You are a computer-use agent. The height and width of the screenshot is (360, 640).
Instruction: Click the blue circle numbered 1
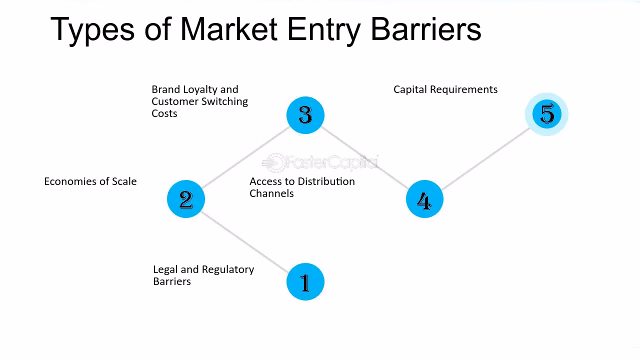(x=305, y=281)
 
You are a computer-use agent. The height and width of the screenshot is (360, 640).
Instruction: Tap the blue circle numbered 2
(x=186, y=199)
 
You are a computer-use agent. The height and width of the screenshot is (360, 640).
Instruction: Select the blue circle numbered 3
(x=305, y=115)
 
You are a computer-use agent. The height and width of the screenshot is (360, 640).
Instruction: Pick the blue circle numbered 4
(x=424, y=199)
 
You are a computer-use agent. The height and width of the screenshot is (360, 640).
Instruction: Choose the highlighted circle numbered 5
(x=547, y=114)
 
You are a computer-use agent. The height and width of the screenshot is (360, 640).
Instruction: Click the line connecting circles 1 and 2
(x=245, y=240)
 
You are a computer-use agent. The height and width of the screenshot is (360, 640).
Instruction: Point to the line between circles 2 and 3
(x=245, y=157)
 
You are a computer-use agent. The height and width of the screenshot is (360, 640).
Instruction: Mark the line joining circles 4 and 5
(x=485, y=157)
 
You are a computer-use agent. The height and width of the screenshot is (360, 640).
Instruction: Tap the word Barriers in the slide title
(x=425, y=29)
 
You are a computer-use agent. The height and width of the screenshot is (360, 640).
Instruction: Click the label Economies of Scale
(x=90, y=181)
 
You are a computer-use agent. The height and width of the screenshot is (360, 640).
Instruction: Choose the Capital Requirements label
(x=445, y=89)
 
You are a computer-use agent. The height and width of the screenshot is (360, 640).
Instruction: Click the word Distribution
(x=326, y=181)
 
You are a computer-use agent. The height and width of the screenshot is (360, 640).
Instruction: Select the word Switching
(x=224, y=101)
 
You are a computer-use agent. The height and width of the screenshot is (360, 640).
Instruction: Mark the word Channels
(x=271, y=193)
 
